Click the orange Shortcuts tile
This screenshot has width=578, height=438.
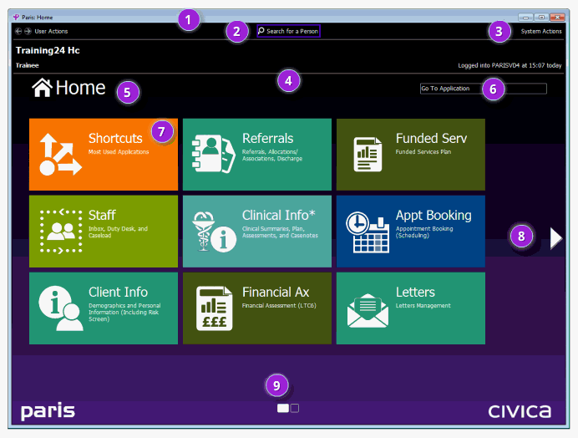(103, 155)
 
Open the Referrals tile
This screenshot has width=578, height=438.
(256, 155)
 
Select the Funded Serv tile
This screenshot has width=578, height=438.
(410, 155)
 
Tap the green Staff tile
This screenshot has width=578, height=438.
(103, 232)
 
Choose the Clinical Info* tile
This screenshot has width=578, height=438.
(256, 232)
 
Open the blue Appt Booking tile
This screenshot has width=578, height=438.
(410, 232)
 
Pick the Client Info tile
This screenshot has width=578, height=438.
(103, 308)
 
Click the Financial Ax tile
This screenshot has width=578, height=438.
(256, 308)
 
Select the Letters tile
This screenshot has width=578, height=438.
(410, 308)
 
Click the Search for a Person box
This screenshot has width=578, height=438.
(288, 31)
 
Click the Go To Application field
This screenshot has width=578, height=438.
(483, 88)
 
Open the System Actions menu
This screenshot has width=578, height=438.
(541, 31)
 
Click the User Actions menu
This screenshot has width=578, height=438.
(51, 31)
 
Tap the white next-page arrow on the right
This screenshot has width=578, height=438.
(556, 239)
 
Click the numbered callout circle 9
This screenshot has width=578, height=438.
(278, 385)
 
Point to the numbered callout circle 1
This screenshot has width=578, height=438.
(190, 18)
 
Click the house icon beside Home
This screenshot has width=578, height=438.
(42, 87)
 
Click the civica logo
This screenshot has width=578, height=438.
(519, 411)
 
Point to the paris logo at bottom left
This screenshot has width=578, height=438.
(48, 411)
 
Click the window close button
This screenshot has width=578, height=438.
(557, 17)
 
